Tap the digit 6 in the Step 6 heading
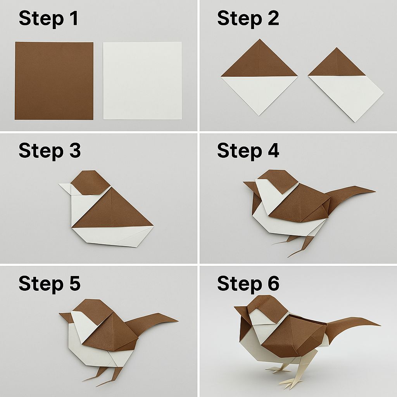coord(273,283)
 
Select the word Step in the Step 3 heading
coord(41,152)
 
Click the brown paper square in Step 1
coord(54,81)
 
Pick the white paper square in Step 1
coord(142,81)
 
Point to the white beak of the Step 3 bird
coord(65,189)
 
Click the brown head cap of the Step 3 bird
coord(90,182)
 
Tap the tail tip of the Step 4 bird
coord(375,191)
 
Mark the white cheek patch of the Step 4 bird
coord(268,187)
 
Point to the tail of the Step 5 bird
coord(152,323)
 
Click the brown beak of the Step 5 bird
coord(66,317)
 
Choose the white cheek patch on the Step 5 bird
coord(84,325)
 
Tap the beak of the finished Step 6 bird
coord(241,310)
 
